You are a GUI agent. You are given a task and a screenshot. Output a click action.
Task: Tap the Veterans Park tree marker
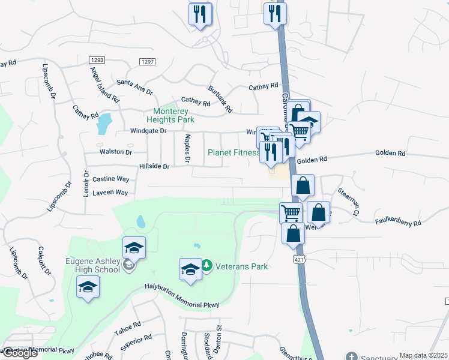(206, 265)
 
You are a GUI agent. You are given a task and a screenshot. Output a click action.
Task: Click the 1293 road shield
(97, 60)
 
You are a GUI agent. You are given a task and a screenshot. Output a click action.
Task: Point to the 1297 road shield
(147, 62)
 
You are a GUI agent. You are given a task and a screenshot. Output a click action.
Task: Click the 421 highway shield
(298, 258)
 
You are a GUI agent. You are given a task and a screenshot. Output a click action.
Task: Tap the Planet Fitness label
(234, 152)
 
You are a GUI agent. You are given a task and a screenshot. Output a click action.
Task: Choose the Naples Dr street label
(187, 149)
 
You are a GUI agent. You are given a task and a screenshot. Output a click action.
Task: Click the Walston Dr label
(115, 152)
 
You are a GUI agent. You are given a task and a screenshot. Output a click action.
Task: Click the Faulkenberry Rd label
(399, 222)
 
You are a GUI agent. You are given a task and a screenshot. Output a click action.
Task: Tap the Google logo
(19, 353)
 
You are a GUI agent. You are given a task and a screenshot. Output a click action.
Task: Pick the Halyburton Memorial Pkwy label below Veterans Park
(182, 296)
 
